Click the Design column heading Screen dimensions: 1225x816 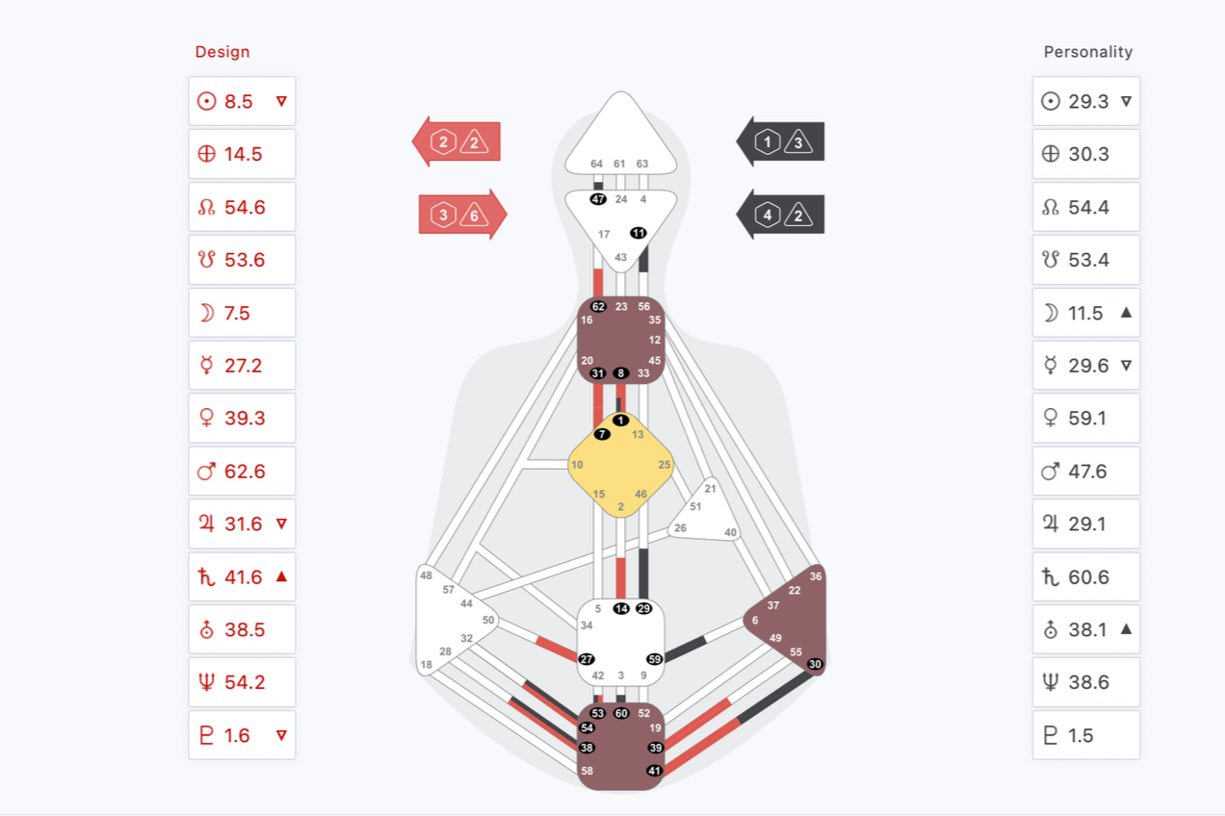[222, 52]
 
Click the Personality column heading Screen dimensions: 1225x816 [1087, 52]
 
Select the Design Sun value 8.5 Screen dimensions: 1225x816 [239, 101]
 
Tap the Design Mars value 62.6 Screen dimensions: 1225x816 [245, 472]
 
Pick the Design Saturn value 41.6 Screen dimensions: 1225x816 [243, 577]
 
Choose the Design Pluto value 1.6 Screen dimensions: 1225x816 [237, 735]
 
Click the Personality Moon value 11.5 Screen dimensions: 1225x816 [1085, 313]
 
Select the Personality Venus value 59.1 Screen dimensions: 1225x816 [1087, 419]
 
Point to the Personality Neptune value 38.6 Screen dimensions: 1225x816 [1089, 682]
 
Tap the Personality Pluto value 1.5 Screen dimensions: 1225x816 [1081, 735]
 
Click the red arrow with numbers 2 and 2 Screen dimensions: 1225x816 [456, 143]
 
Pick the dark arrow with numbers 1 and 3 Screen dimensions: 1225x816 [780, 143]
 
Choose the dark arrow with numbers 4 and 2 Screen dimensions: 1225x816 [780, 215]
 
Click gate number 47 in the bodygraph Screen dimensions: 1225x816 [598, 199]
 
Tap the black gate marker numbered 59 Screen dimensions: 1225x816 [654, 659]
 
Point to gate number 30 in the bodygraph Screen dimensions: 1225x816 [815, 664]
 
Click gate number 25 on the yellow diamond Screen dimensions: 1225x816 [665, 465]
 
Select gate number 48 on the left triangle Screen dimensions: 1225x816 [426, 575]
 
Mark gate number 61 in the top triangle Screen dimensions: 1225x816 [619, 164]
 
